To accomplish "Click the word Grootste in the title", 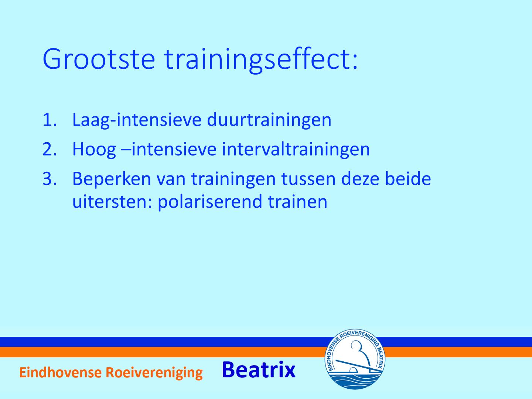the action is [x=99, y=59].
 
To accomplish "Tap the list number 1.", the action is [x=50, y=120].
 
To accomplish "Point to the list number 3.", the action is [x=50, y=179].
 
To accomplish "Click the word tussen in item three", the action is [x=308, y=180].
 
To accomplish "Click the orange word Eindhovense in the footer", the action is [x=60, y=372].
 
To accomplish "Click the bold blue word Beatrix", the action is [x=259, y=370].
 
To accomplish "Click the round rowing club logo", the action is [x=355, y=359].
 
